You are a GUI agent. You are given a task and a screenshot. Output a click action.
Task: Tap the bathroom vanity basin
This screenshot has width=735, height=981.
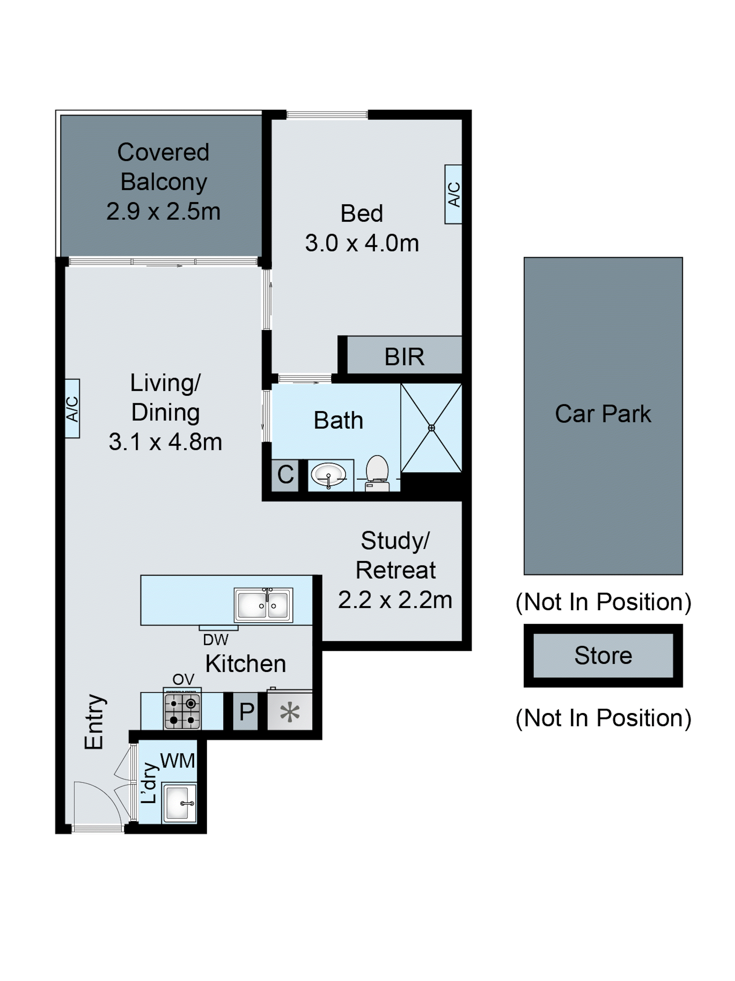(328, 474)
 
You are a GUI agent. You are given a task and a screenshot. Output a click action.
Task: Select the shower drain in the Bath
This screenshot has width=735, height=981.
(431, 428)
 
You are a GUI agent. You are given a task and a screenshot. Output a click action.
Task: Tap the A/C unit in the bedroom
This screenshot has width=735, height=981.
(453, 194)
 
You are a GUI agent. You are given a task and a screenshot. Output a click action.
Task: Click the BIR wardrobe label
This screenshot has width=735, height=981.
(404, 357)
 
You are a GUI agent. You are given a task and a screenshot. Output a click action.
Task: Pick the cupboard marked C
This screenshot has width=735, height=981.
(285, 475)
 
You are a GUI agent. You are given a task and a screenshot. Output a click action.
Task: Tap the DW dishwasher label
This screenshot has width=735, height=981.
(216, 640)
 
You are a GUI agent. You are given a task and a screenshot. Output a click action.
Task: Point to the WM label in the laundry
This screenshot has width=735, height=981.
(177, 760)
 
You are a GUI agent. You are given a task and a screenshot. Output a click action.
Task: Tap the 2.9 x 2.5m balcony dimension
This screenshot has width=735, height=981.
(163, 211)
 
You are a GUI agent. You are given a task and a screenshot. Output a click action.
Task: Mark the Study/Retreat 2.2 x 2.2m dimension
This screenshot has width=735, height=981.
(395, 600)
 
